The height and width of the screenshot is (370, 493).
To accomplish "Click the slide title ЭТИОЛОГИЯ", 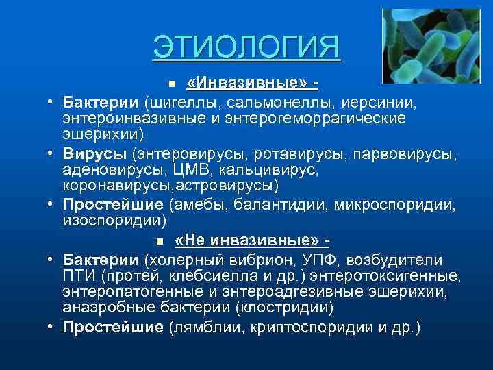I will click(246, 47).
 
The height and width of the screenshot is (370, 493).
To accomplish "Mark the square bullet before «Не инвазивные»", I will click(159, 242).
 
